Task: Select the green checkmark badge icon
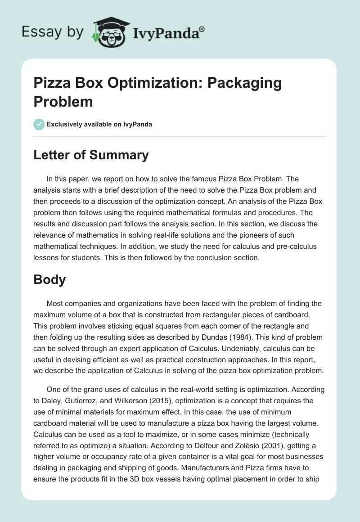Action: point(39,124)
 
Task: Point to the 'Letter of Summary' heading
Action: point(91,155)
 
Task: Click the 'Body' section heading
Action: point(49,279)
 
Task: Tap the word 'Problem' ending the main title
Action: point(63,101)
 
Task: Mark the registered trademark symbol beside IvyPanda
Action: point(202,29)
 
